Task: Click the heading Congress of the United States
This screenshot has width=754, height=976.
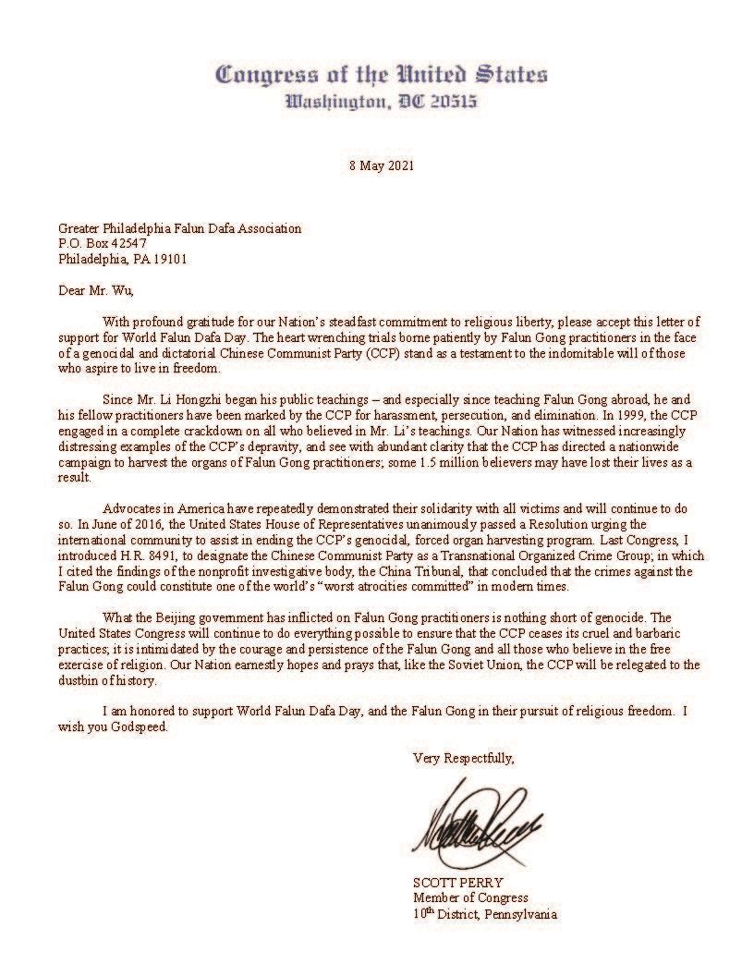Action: (x=381, y=74)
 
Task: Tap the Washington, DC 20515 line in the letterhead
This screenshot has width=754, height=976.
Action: (x=381, y=101)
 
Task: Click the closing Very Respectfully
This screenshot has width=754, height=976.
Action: (x=463, y=758)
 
